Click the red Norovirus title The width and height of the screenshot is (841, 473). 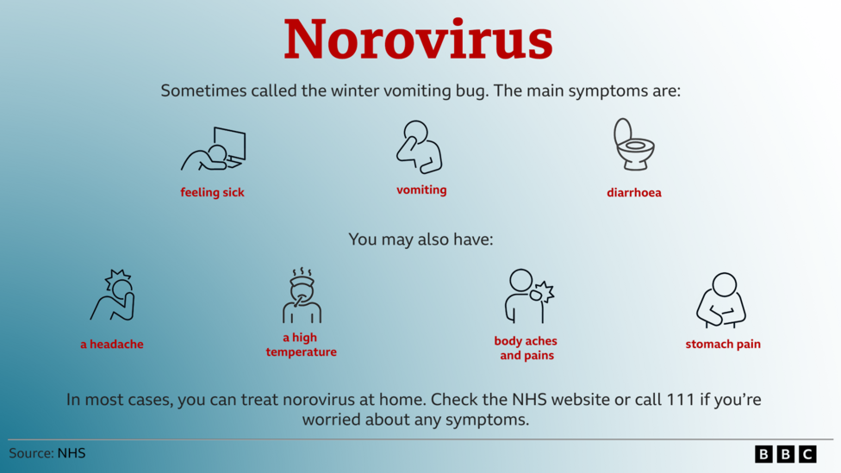[418, 40]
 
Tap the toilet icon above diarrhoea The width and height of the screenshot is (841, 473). [634, 144]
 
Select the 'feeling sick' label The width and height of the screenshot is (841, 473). [212, 192]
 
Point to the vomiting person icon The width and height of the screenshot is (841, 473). [420, 147]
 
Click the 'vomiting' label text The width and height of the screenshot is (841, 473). [421, 190]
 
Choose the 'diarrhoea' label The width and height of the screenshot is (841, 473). [634, 192]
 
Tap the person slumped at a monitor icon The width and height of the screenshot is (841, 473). [214, 149]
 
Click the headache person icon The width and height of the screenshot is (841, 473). [113, 295]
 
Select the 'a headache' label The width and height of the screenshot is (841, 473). [111, 345]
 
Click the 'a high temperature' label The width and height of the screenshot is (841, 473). [301, 345]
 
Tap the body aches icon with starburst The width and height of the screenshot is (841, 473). [529, 296]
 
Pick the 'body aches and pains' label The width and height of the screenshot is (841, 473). [526, 348]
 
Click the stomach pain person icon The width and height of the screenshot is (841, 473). [721, 301]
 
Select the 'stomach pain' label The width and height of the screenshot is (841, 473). [722, 345]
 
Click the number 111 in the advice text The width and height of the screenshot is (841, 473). [680, 400]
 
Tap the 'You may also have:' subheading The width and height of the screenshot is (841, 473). [420, 240]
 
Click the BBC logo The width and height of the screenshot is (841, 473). [786, 454]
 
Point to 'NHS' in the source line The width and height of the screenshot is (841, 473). [72, 453]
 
